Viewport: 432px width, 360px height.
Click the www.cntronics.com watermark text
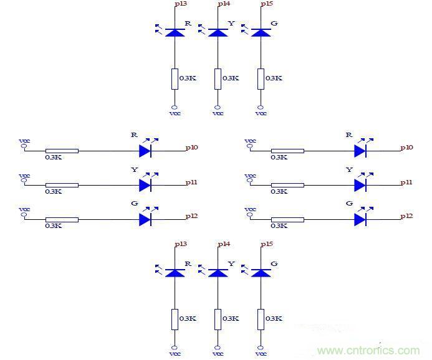pos(368,351)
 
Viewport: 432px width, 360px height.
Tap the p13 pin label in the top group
pos(180,4)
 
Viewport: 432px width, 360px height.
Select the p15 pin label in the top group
pos(267,4)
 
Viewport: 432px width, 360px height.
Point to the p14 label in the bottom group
pos(223,244)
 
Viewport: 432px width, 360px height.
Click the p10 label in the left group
pos(191,148)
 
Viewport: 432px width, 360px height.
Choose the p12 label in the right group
pos(406,216)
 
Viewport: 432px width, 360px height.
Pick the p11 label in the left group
pos(191,182)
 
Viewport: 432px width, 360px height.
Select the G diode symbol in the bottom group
pos(261,272)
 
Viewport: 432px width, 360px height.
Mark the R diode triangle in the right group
pos(360,151)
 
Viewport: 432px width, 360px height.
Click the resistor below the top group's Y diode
pos(218,78)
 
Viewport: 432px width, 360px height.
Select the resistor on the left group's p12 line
pos(62,219)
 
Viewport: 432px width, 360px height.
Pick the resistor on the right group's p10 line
pos(287,151)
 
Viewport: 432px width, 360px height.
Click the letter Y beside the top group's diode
pos(231,24)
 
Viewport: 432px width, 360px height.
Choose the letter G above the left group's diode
pos(135,204)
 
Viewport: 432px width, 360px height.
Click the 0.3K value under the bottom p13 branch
pos(188,319)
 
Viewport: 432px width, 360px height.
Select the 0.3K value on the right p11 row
pos(279,191)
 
